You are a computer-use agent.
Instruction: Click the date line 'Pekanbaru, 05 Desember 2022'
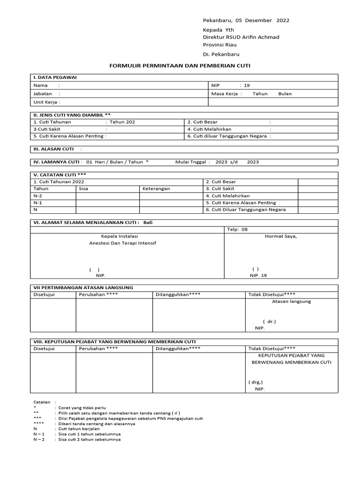coord(246,20)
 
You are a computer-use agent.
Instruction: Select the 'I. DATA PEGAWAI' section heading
coord(55,77)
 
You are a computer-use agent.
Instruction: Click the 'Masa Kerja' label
coord(227,94)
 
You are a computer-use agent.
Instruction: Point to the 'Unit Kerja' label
coord(46,102)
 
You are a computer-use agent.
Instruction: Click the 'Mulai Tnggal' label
coord(193,162)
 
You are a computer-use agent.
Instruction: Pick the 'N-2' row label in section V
coord(38,195)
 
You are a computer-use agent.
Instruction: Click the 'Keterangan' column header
coord(156,188)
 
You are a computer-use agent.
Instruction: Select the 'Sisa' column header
coord(83,188)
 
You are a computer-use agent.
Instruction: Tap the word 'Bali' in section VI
coord(148,222)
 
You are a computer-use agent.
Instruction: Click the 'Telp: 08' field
coord(237,230)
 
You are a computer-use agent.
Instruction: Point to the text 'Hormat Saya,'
coord(281,236)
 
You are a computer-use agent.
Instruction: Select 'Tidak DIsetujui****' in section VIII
coord(271,349)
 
